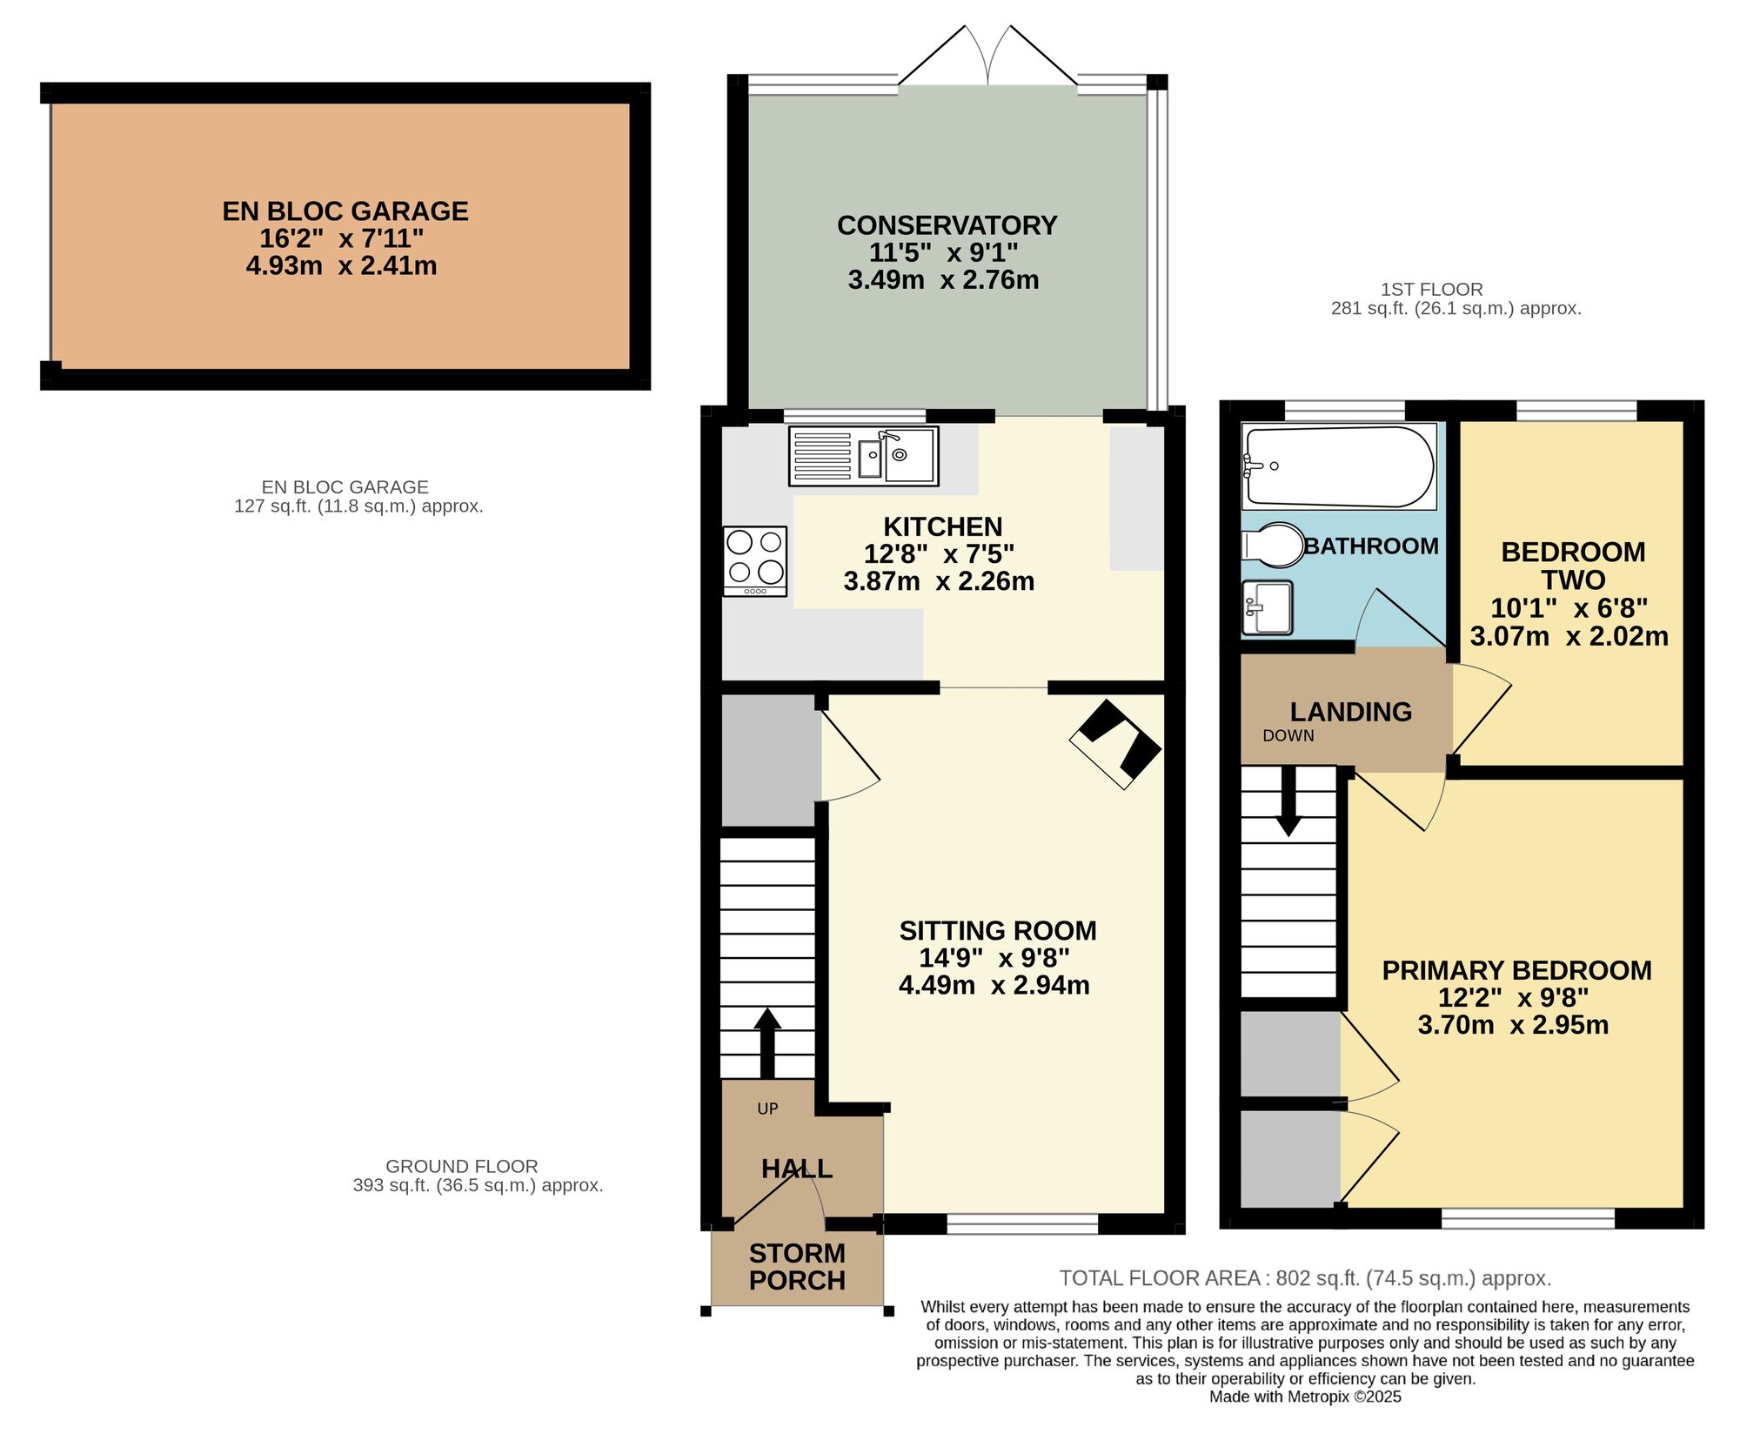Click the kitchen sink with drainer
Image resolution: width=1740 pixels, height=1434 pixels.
point(863,455)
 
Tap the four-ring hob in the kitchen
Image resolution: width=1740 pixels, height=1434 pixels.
point(755,560)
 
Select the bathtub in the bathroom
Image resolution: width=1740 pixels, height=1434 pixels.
point(1338,466)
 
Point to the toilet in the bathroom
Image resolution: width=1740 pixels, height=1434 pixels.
point(1274,546)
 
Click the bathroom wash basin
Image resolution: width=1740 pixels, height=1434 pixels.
point(1267,607)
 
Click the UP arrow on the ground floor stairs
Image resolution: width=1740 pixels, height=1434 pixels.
point(766,1042)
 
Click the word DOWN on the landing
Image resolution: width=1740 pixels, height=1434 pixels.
point(1288,736)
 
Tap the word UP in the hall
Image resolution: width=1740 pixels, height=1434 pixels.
point(767,1109)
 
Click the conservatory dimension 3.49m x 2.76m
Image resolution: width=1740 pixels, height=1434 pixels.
point(943,280)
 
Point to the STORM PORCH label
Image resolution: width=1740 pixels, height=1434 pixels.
point(797,1267)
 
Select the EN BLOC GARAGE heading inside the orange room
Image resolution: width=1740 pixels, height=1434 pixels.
point(345,211)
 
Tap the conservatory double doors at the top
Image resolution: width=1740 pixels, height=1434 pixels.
point(988,57)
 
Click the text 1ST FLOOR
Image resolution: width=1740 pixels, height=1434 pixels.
point(1431,290)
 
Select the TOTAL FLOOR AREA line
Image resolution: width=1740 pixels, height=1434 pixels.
point(1305,1278)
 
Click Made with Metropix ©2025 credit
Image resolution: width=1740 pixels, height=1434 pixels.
point(1305,1397)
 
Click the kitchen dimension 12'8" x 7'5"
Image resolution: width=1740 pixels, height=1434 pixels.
point(939,554)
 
